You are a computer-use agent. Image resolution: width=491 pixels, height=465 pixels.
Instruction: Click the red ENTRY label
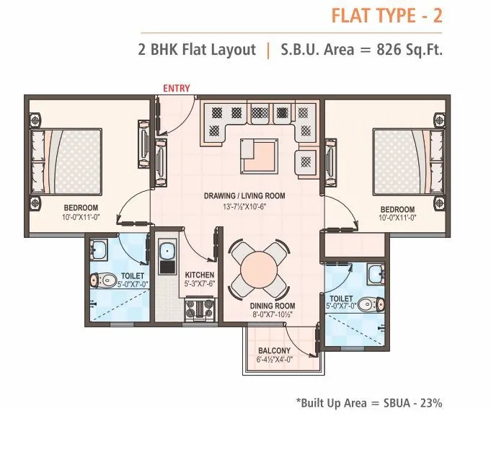pos(177,89)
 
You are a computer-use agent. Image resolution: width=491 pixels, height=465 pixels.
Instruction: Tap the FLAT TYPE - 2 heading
pos(386,15)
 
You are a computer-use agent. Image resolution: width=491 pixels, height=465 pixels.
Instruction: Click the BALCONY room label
pos(274,351)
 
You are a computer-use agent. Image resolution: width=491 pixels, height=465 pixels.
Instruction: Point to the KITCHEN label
pos(199,275)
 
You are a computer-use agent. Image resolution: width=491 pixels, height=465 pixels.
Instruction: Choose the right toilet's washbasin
pos(375,272)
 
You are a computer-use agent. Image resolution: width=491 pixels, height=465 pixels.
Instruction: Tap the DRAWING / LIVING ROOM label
pos(244,195)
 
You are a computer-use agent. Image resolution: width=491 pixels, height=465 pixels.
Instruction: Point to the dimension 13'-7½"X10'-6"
pos(244,205)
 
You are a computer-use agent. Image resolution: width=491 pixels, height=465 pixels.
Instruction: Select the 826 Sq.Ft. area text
pos(405,50)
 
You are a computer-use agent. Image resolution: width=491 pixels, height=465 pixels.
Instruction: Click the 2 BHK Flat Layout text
pos(197,50)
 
